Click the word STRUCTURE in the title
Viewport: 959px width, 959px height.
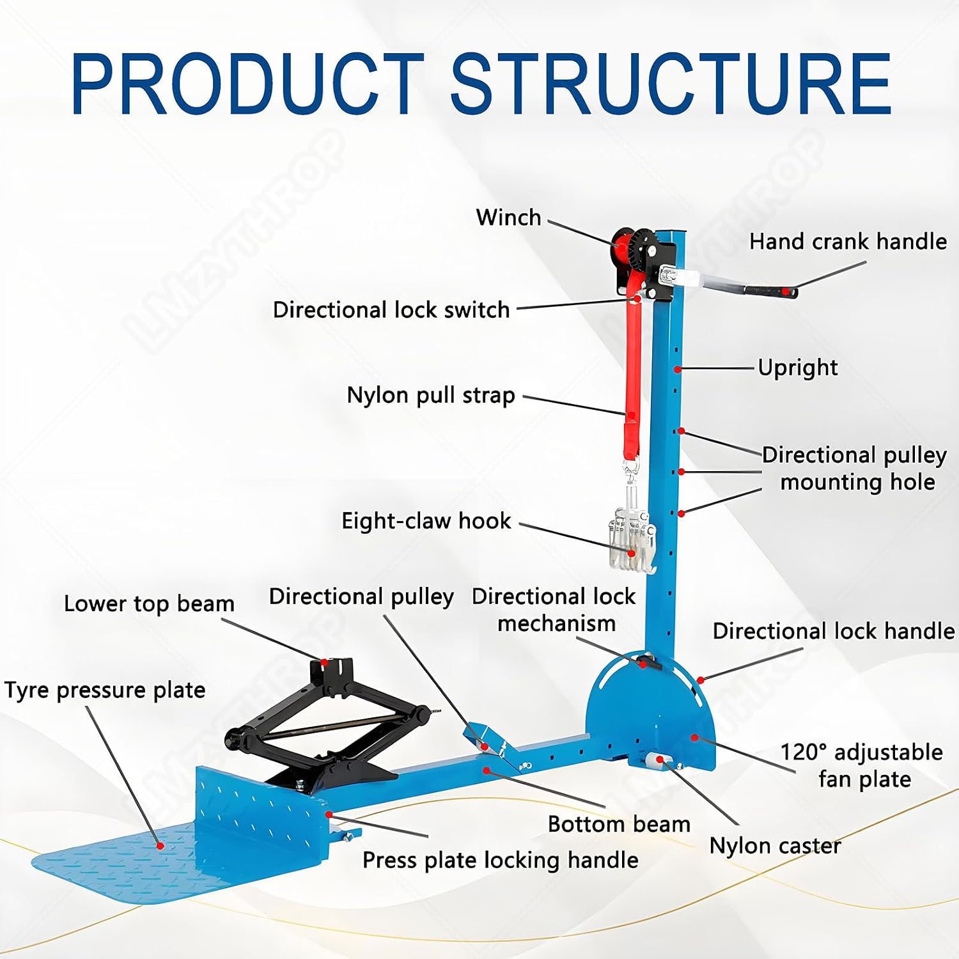click(672, 84)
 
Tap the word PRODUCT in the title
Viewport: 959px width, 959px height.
click(248, 84)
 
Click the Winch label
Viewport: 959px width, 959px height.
click(508, 217)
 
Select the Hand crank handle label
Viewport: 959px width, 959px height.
click(848, 242)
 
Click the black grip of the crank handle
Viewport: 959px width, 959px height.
click(770, 291)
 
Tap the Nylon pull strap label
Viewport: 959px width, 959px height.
click(431, 395)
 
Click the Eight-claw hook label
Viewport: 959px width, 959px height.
click(426, 521)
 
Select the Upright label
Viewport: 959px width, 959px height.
click(798, 368)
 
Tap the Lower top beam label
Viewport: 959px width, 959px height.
click(149, 604)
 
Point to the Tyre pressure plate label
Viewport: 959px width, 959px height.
click(105, 690)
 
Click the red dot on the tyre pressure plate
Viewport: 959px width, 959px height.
click(160, 845)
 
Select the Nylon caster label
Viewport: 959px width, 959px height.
click(776, 846)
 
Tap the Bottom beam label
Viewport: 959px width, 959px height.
click(619, 824)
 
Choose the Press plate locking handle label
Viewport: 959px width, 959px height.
click(500, 861)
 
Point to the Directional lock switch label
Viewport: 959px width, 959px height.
click(391, 310)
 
